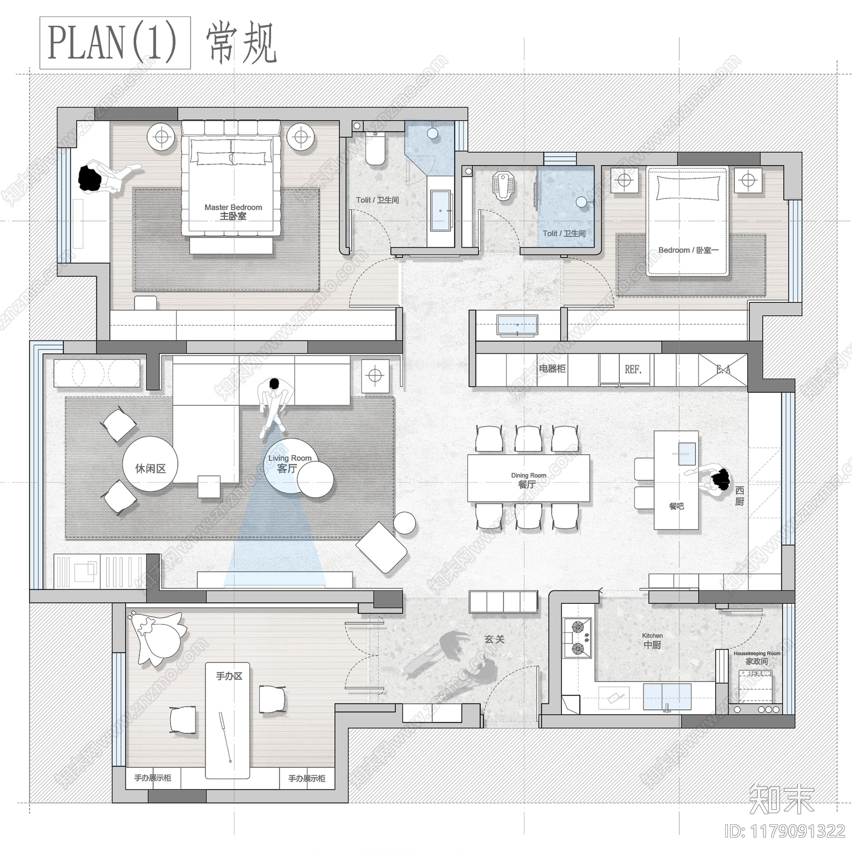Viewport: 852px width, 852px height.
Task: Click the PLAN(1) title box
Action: [x=115, y=43]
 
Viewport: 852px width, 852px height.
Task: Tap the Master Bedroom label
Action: [x=233, y=211]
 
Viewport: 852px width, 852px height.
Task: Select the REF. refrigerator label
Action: [x=633, y=369]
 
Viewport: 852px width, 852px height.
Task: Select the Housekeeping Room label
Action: [x=757, y=658]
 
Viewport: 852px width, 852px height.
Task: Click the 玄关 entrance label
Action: [x=494, y=639]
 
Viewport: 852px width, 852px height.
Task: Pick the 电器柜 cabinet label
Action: [x=552, y=368]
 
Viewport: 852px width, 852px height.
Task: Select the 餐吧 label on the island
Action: [x=676, y=506]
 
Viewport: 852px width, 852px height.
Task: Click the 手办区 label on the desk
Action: [x=229, y=676]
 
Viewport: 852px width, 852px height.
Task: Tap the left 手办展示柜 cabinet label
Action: [x=153, y=778]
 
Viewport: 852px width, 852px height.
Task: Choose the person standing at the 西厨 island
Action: [x=716, y=477]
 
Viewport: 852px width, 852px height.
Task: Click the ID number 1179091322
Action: [x=785, y=831]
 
